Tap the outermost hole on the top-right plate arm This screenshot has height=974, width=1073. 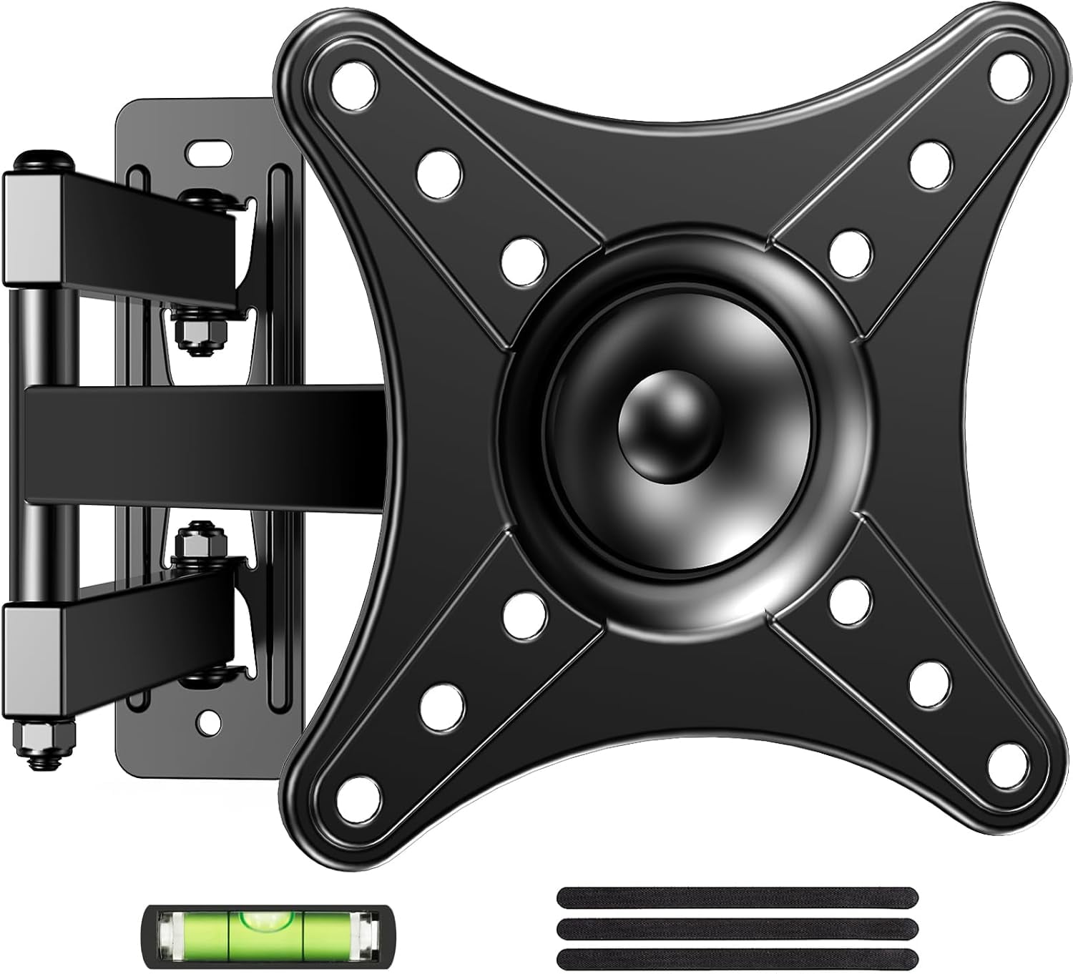[1007, 72]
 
